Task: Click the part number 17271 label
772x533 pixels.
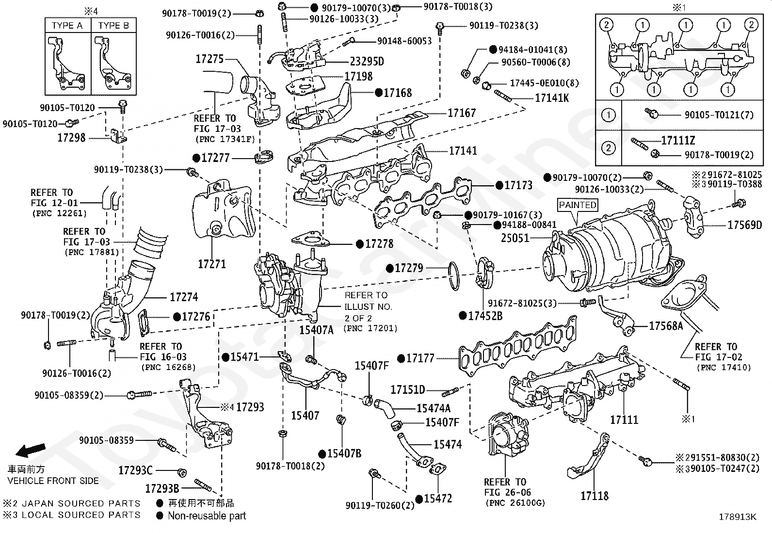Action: pos(211,264)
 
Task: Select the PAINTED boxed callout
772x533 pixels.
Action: pos(577,205)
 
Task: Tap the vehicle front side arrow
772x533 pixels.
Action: pos(30,451)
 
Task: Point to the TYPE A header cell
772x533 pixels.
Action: pos(67,26)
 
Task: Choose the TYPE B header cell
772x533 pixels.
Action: pos(113,26)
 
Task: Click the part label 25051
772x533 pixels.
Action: pos(515,238)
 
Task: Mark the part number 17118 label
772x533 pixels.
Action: pos(595,496)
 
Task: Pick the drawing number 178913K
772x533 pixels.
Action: pos(737,517)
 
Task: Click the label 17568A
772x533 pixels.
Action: pos(666,326)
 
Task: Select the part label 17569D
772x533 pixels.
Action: pos(744,225)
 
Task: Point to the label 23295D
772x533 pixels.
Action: pos(367,61)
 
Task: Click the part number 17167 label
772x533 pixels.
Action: pos(462,113)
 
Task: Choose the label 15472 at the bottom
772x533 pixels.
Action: pos(437,499)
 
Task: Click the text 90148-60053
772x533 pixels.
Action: pos(404,41)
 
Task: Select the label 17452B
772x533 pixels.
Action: pos(485,316)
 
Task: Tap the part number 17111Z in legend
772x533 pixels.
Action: pos(678,141)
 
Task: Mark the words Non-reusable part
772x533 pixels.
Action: pos(207,516)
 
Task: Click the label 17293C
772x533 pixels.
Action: pos(135,470)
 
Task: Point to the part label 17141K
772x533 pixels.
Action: pos(551,98)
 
